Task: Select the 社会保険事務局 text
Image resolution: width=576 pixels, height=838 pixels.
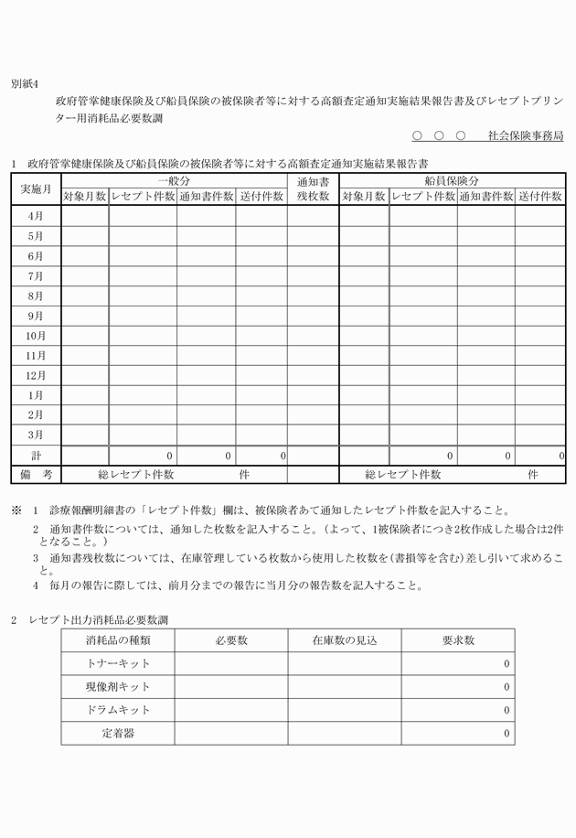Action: [525, 135]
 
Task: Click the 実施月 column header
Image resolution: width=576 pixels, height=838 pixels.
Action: [36, 188]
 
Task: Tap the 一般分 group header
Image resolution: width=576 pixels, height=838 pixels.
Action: [174, 181]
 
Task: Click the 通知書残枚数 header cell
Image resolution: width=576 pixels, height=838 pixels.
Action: [313, 188]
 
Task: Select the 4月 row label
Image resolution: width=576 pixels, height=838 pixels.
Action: [36, 216]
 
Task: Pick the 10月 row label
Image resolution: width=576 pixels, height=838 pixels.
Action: [36, 335]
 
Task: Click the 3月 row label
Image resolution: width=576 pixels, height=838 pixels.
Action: [36, 435]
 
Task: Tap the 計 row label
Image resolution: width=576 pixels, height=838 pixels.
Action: [36, 455]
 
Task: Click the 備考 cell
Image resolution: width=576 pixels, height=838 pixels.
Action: [36, 475]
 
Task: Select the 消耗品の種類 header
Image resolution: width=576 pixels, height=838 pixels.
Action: [118, 640]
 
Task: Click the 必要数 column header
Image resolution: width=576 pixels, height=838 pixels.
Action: [231, 640]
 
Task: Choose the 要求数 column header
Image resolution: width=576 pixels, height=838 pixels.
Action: [457, 640]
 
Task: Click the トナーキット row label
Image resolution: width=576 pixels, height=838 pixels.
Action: [118, 663]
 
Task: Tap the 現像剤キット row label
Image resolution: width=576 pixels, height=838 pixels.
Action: [118, 686]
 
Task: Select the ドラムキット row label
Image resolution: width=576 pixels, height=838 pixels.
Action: [118, 710]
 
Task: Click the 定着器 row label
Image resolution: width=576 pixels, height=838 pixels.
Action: [118, 733]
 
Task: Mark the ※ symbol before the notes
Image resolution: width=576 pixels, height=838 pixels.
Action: [16, 510]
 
